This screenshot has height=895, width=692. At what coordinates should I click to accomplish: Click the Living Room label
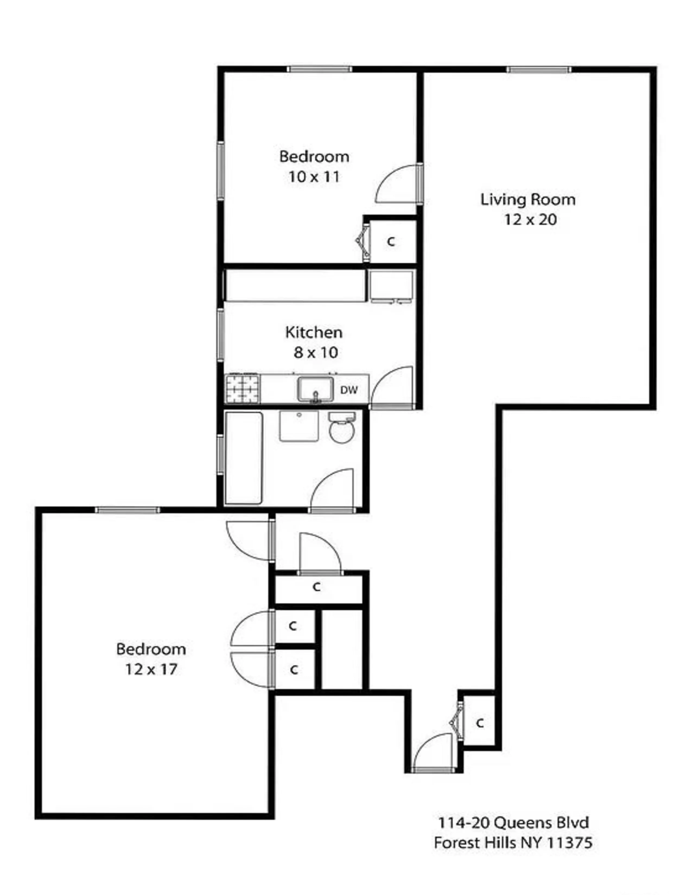coord(528,200)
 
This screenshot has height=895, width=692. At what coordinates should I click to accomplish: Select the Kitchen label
coord(314,332)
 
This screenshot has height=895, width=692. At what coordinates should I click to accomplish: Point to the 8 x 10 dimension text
coord(315,352)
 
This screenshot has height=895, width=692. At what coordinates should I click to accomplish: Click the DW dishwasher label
coord(349,390)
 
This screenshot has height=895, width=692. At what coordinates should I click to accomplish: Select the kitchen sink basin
coord(315,389)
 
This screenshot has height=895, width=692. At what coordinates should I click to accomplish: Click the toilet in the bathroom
coord(342,429)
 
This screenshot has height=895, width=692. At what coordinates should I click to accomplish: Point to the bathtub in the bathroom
coord(243,458)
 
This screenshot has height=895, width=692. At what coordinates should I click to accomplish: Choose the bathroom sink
coord(299,426)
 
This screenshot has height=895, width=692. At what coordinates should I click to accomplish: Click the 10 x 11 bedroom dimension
coord(314,177)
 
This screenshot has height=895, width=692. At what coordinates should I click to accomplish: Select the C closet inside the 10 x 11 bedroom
coord(391,242)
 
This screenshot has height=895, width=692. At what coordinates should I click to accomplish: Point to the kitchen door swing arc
coord(392,385)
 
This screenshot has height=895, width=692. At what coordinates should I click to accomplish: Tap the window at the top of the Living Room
coord(538,70)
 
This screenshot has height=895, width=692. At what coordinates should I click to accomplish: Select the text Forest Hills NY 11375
coord(513,843)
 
